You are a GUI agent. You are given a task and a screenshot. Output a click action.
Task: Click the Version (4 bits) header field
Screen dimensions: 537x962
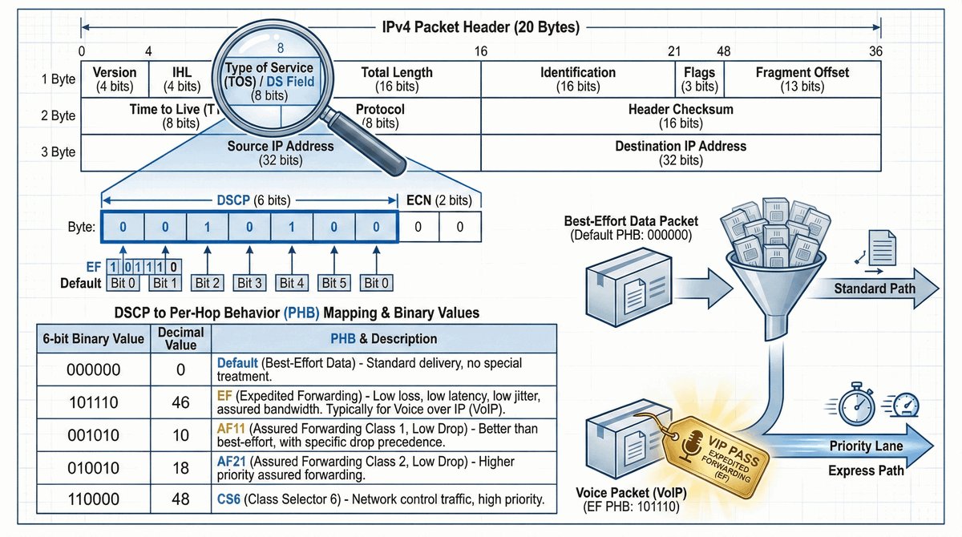tap(115, 79)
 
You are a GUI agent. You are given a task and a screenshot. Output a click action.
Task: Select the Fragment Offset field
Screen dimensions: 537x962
tap(802, 79)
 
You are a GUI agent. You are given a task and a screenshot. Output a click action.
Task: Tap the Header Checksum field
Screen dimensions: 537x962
tap(680, 115)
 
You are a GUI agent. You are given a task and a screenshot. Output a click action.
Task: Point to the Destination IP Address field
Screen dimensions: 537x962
tap(680, 152)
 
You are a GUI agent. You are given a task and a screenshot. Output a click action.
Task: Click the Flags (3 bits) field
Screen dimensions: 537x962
tap(699, 79)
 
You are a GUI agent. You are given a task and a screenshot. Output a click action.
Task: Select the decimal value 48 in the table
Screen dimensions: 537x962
tap(180, 499)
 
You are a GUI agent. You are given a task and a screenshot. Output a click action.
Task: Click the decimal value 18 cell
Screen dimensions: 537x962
tap(180, 467)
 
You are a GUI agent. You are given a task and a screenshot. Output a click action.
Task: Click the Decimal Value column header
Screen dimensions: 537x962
tap(180, 338)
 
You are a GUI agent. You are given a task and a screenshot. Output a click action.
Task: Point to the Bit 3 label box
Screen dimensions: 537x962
tap(249, 282)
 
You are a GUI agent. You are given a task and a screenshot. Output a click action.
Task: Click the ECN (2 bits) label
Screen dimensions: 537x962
tap(438, 200)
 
